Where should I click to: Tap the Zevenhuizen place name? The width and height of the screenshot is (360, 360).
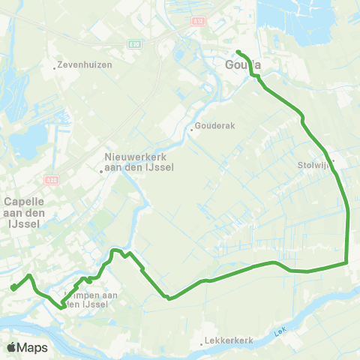(85, 65)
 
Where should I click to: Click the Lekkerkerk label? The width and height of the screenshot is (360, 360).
(229, 342)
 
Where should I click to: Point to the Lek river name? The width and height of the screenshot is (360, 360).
(281, 331)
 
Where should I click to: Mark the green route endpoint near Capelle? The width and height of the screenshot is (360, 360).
(13, 287)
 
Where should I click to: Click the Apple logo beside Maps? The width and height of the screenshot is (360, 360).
(12, 347)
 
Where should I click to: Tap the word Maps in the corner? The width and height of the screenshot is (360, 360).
(33, 347)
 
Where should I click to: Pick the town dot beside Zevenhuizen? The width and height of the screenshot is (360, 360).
(55, 67)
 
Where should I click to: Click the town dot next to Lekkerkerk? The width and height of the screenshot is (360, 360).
(202, 344)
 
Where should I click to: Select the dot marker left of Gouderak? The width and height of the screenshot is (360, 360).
(191, 129)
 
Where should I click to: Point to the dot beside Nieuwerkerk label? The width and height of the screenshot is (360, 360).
(102, 170)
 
